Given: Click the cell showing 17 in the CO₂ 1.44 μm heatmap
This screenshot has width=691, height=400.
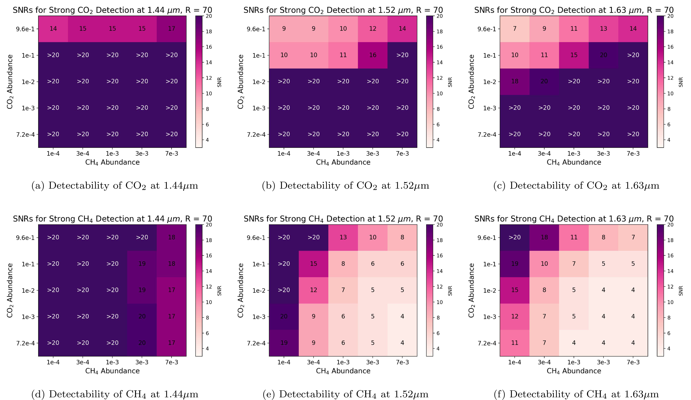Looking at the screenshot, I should point(171,29).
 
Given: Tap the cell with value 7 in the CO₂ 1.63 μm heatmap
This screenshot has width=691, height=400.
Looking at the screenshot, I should point(515,29).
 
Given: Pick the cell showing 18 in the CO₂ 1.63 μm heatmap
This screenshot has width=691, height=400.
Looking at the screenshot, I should point(515,81).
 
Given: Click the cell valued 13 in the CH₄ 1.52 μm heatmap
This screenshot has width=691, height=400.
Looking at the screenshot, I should point(343,237).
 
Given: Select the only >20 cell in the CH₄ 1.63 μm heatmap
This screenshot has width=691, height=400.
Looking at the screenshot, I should point(515,237).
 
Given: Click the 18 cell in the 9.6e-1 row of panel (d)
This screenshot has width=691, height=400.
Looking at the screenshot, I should point(171,237).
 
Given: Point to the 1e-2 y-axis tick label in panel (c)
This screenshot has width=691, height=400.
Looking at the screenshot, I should point(490,82).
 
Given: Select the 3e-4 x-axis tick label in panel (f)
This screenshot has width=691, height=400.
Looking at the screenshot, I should point(544,362).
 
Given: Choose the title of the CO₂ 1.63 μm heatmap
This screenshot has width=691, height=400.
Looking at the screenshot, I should point(574,10).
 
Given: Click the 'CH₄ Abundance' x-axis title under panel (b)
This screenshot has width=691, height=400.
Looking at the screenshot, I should point(343,162).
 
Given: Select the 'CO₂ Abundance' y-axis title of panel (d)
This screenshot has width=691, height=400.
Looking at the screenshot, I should point(10,290).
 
